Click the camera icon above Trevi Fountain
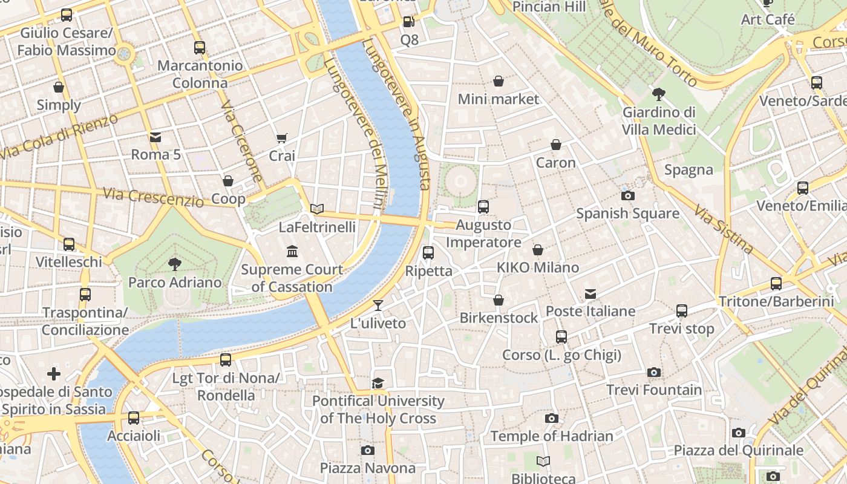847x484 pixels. (653, 373)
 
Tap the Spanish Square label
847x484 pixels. (627, 214)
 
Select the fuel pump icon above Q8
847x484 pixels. (409, 22)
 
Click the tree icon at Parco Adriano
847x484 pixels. (175, 264)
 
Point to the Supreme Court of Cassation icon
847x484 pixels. (292, 251)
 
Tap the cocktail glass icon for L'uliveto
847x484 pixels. (378, 306)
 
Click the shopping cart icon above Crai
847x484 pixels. (281, 139)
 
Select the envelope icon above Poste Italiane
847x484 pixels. (590, 294)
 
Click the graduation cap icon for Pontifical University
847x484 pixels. (378, 383)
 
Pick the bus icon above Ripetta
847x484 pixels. (428, 253)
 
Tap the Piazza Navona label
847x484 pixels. (368, 468)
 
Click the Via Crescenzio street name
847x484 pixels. (153, 197)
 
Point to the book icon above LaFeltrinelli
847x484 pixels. (317, 209)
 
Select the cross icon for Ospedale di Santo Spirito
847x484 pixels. (54, 374)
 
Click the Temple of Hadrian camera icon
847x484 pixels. (551, 419)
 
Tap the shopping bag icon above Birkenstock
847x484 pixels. (499, 300)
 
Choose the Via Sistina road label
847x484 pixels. (724, 230)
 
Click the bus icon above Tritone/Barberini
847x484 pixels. (776, 284)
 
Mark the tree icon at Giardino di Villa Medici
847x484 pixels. (659, 94)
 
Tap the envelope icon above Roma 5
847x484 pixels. (155, 137)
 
